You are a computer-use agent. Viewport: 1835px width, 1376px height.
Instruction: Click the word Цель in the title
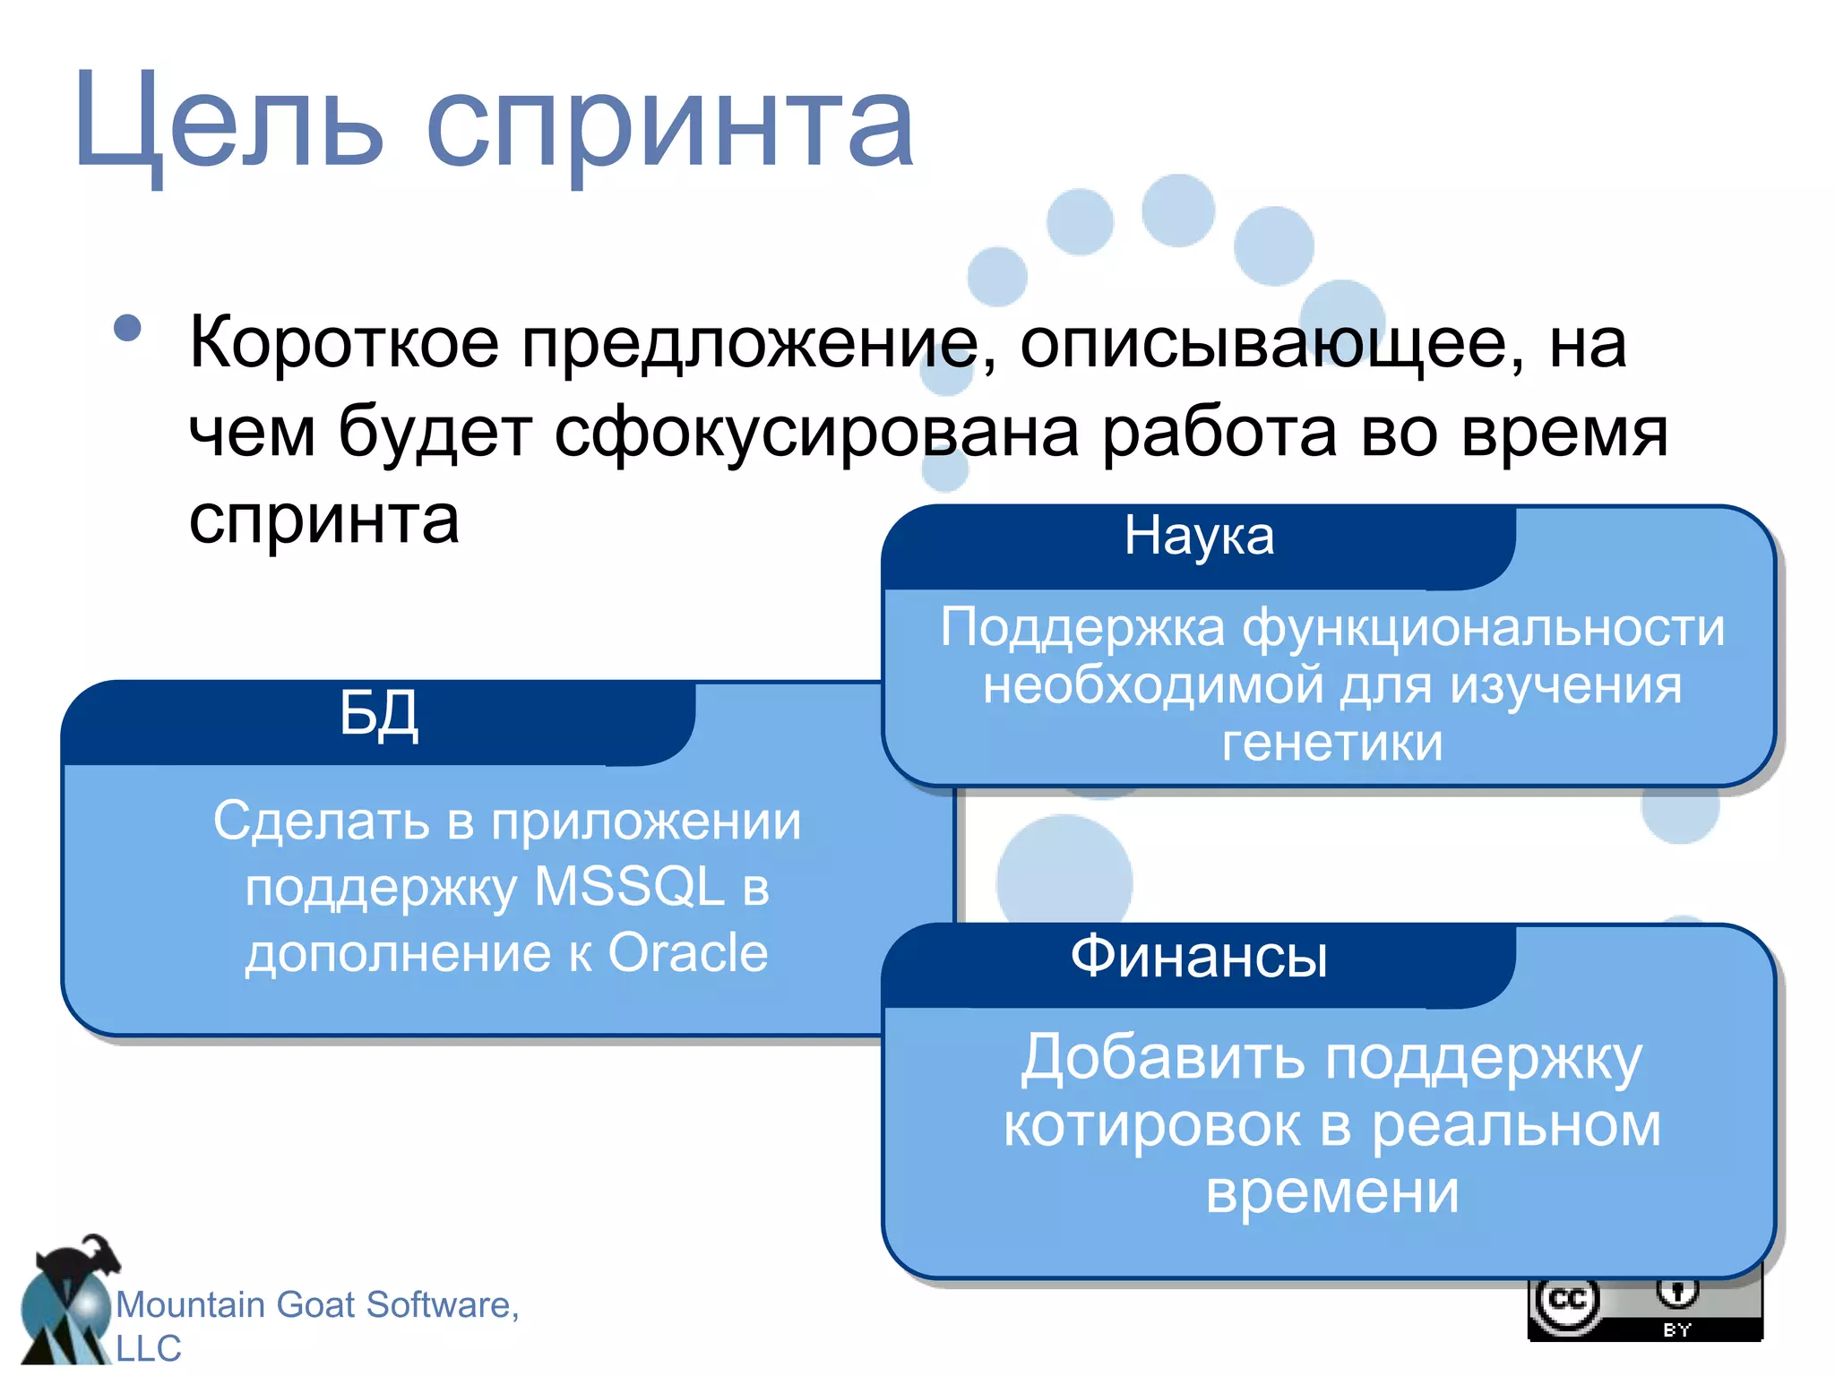click(x=228, y=121)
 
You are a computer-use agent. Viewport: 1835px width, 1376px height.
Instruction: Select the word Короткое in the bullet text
click(x=344, y=342)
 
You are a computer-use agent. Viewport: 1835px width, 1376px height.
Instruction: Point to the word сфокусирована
click(x=815, y=432)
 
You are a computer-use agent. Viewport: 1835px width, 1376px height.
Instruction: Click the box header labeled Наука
click(x=1199, y=536)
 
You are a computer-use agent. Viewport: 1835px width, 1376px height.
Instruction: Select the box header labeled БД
click(x=379, y=714)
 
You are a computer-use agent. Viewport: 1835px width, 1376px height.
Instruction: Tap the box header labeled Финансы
click(x=1199, y=956)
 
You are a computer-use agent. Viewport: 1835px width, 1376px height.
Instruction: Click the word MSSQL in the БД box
click(x=629, y=887)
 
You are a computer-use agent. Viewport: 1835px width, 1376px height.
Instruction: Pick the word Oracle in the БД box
click(x=687, y=952)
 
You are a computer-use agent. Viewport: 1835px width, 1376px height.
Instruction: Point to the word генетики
click(x=1332, y=743)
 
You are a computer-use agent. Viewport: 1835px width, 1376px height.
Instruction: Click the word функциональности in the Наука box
click(x=1483, y=627)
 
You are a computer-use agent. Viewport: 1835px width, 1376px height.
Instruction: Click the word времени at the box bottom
click(x=1332, y=1191)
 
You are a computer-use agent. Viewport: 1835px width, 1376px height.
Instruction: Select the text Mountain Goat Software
click(x=317, y=1304)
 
